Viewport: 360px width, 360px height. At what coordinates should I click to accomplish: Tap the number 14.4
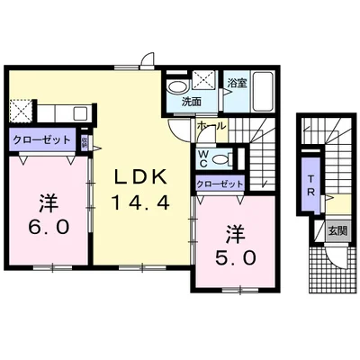pos(139,202)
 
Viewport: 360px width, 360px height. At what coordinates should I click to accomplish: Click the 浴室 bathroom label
pos(237,82)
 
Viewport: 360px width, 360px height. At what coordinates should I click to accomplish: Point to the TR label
pos(309,192)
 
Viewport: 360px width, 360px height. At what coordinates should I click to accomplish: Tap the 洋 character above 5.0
pos(236,231)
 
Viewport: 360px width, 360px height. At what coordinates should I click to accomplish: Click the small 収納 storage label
pos(84,141)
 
